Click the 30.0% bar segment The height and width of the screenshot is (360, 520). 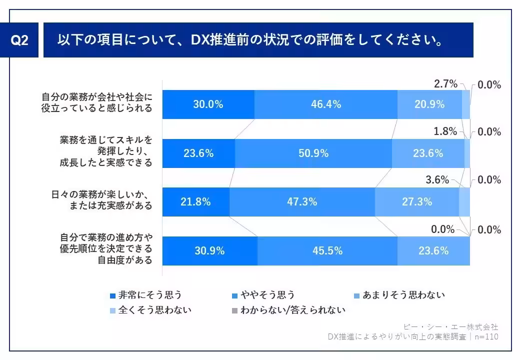coord(208,104)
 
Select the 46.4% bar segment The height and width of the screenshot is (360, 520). coord(325,104)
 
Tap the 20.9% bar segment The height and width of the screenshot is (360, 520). coord(429,104)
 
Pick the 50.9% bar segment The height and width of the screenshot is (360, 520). coord(313,153)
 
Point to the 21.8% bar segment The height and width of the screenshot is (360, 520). coord(195,202)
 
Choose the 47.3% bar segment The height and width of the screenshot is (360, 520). coord(302,202)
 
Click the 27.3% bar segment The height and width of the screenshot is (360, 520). coord(416,202)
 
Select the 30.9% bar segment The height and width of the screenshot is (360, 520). coord(209,251)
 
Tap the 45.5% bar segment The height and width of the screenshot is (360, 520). coord(327,251)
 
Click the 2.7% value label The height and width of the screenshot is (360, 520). coord(445,84)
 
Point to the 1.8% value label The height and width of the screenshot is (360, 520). coord(445,131)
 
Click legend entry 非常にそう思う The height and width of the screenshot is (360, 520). coord(145,295)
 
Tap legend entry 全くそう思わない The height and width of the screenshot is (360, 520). coord(150,310)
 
